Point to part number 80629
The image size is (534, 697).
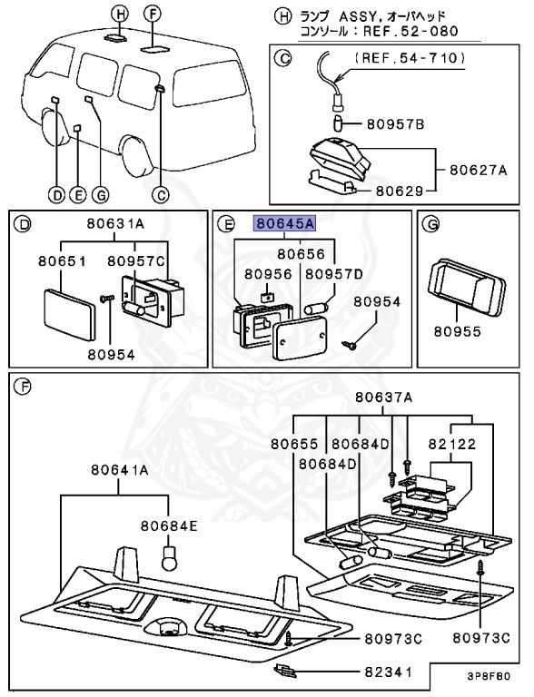tap(402, 191)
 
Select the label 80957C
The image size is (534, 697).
tap(136, 260)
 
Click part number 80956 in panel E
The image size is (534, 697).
tap(263, 272)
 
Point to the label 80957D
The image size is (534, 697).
tap(333, 272)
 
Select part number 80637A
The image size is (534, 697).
tap(384, 397)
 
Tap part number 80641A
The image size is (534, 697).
tap(119, 470)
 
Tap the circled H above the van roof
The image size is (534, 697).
tap(118, 13)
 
